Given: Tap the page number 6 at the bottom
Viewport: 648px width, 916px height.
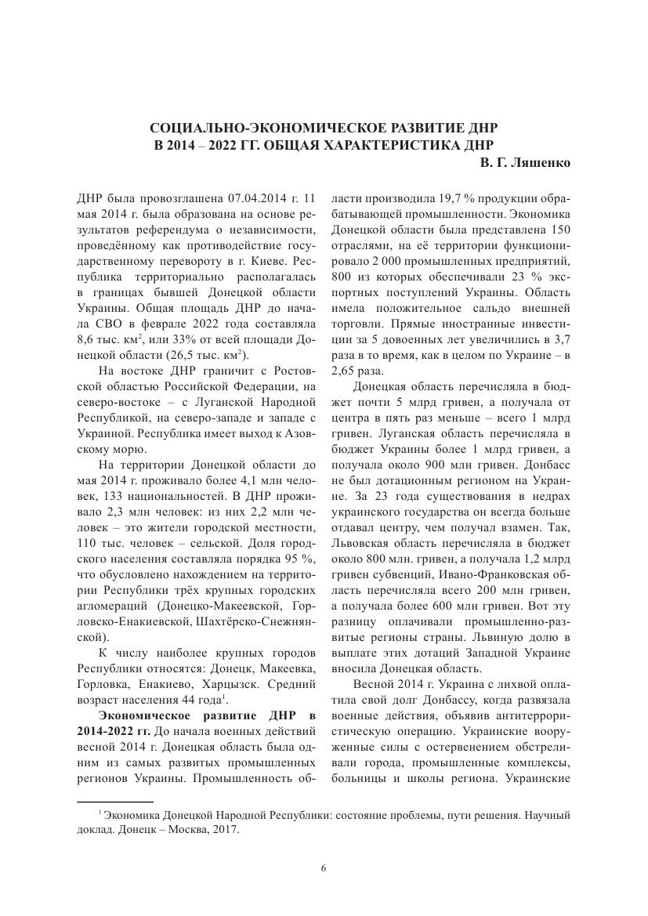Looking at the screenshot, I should coord(324,867).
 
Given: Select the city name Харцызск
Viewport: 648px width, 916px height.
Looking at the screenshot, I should coord(219,682).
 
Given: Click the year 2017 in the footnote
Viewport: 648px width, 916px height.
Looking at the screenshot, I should coord(226,829).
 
